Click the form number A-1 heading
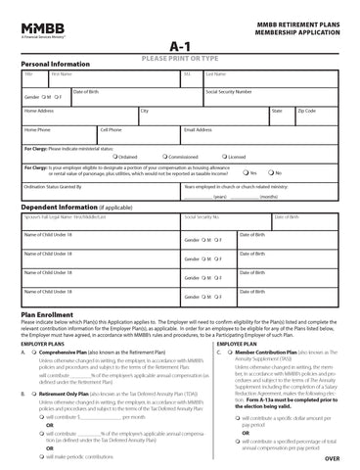click(180, 46)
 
